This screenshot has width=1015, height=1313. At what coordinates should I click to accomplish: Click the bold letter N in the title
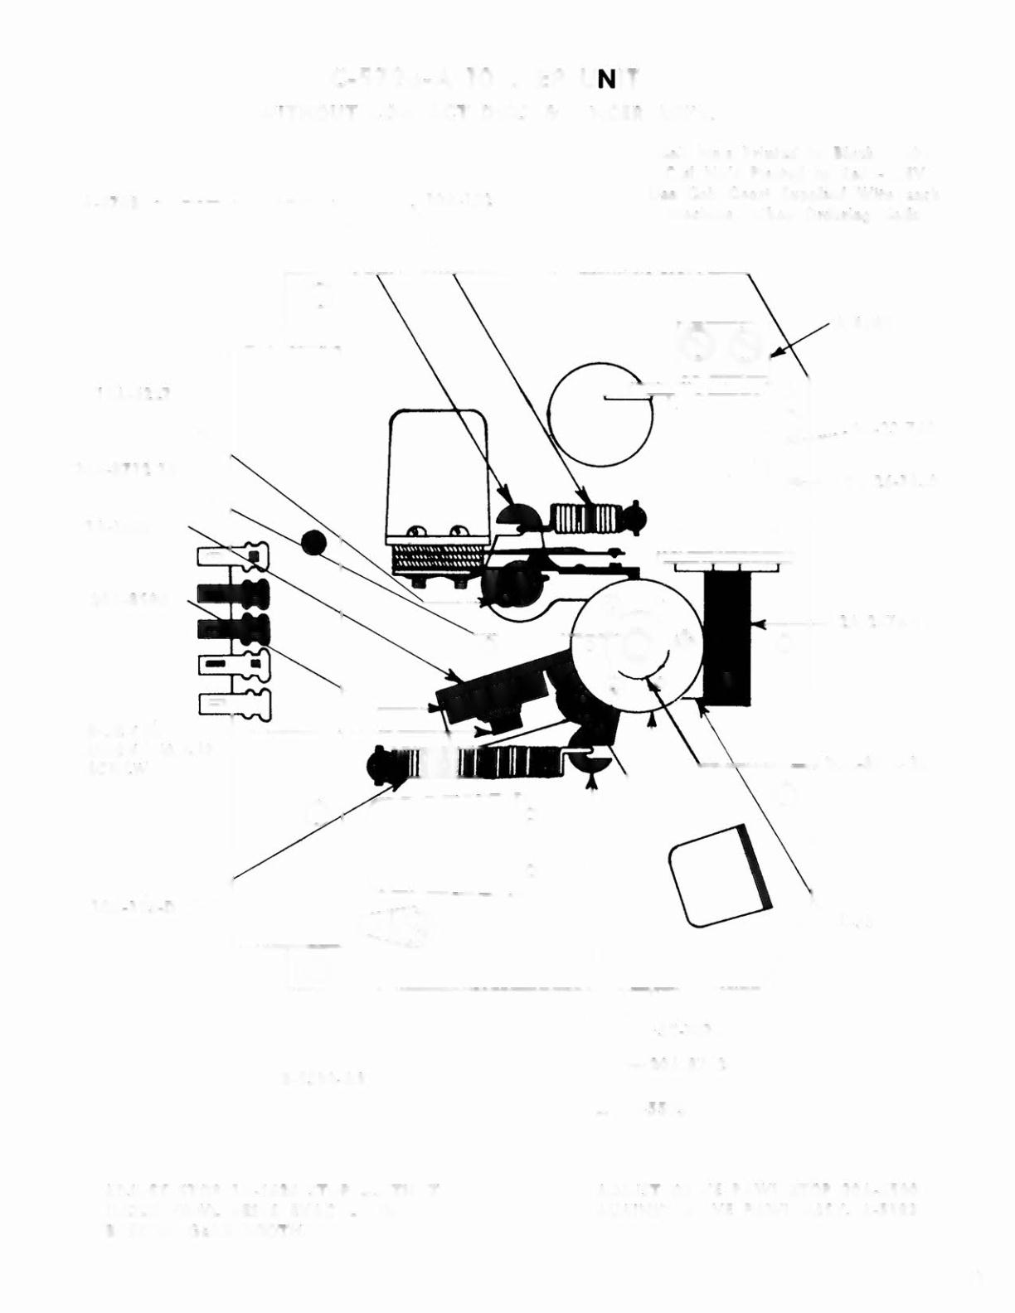[606, 80]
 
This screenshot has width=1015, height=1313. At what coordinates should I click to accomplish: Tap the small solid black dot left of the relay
[314, 543]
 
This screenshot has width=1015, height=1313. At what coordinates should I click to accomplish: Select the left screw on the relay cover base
[415, 530]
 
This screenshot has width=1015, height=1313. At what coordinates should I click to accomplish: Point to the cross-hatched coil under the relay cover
[435, 558]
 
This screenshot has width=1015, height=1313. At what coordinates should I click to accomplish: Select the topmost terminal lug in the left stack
[233, 555]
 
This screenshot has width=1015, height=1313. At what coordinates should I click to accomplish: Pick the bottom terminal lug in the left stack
[235, 703]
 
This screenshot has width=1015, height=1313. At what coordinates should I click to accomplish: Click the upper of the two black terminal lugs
[234, 593]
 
